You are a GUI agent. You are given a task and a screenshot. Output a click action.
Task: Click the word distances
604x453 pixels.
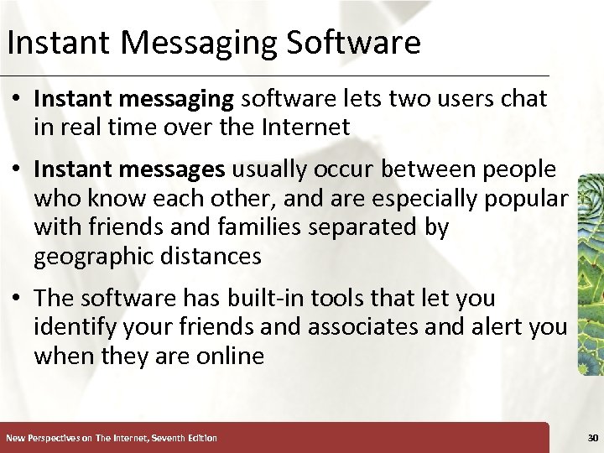pos(211,256)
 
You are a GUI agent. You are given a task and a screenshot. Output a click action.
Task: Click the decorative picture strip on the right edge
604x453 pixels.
pos(591,273)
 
